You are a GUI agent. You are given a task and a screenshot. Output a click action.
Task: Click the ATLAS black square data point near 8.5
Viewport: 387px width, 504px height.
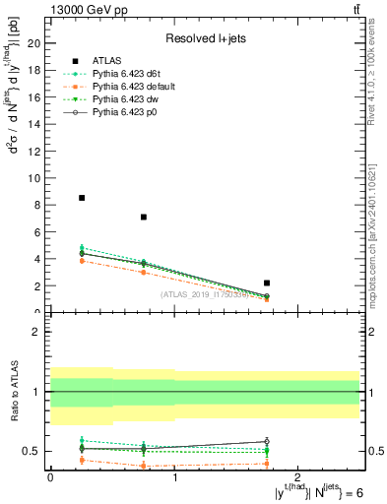coord(82,198)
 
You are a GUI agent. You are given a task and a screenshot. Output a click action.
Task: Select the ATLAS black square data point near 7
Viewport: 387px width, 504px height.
coord(144,217)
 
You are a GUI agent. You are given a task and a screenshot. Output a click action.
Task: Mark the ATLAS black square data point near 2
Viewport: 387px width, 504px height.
coord(267,283)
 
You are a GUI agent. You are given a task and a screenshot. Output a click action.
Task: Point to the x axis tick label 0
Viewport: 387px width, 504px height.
coord(50,476)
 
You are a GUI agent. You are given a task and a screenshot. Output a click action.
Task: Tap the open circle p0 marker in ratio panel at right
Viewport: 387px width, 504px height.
coord(267,441)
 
